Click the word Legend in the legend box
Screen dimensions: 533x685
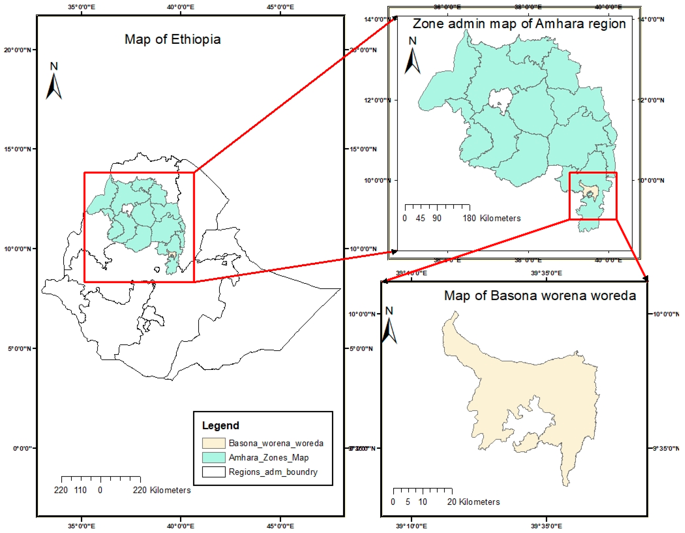220,425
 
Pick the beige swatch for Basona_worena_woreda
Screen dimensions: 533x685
214,443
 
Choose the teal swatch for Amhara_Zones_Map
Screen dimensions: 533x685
214,457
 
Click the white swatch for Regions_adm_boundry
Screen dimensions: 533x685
214,472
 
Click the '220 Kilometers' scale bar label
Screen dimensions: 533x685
162,490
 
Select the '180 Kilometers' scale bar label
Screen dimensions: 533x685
491,218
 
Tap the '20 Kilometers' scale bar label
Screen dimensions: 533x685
473,502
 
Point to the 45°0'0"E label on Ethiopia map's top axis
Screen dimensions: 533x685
280,7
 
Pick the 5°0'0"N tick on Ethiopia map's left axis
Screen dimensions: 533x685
19,348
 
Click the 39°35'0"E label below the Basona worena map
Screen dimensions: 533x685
546,526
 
